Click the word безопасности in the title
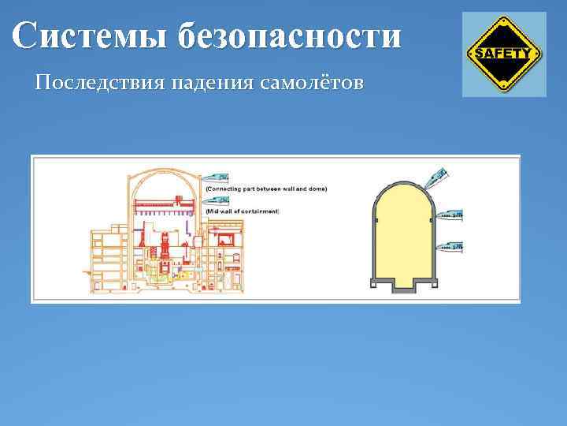tap(289, 36)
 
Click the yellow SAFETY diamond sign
tap(503, 54)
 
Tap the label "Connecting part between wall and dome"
tap(265, 189)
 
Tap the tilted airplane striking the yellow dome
tap(436, 177)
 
